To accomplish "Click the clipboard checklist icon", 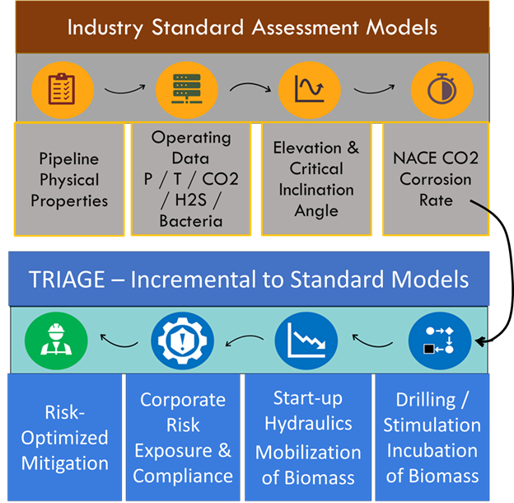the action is (x=62, y=89).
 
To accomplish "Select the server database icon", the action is (x=186, y=89).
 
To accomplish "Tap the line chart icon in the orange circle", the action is (x=310, y=89).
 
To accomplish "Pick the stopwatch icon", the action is (x=442, y=89).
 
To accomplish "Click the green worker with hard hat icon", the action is (x=56, y=341).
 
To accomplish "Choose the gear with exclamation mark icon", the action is (x=182, y=341).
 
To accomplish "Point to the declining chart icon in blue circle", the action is (x=306, y=341).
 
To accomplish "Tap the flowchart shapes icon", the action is (x=440, y=341).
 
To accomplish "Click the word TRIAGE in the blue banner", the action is (x=67, y=280).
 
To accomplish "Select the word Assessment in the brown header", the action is (x=305, y=27).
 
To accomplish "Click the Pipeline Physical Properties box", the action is (x=69, y=179).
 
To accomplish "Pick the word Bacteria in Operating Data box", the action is (x=191, y=221).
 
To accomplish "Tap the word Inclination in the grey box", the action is (x=316, y=190).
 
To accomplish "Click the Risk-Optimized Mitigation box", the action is (x=64, y=437).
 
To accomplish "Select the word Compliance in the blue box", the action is (x=183, y=476).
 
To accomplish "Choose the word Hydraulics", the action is (x=308, y=424).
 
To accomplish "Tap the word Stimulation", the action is (x=432, y=425).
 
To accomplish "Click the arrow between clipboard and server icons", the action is (x=124, y=90).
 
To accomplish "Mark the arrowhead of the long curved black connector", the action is (x=479, y=342).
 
